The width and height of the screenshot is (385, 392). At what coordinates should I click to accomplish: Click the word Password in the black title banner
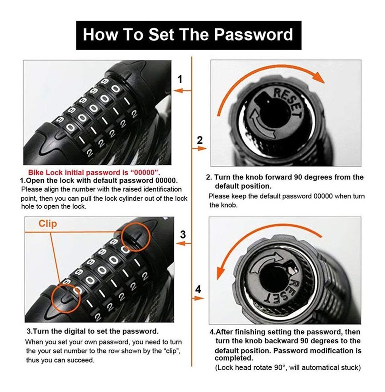click(x=253, y=34)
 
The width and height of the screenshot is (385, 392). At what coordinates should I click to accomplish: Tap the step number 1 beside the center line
click(x=180, y=79)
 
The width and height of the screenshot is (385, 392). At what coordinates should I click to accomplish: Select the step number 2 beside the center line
click(x=199, y=140)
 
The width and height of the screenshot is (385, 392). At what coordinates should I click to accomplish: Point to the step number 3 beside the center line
click(x=183, y=234)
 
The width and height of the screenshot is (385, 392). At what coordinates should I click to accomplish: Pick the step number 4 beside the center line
click(x=198, y=289)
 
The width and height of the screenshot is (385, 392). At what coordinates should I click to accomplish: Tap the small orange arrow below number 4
click(x=198, y=298)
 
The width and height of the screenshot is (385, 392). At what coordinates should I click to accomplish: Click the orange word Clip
click(x=48, y=223)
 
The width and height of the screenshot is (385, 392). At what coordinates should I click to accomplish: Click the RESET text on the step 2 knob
click(x=288, y=102)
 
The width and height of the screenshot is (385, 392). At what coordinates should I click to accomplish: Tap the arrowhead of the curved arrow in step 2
click(x=319, y=77)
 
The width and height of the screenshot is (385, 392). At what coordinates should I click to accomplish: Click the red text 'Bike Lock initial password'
click(x=78, y=172)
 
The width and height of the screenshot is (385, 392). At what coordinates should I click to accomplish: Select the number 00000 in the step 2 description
click(x=323, y=196)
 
